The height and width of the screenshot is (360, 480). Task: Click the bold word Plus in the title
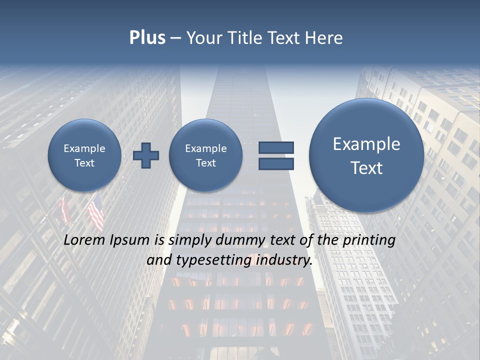(x=147, y=38)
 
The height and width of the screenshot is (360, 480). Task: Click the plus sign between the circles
(x=146, y=155)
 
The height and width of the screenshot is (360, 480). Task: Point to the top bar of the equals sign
(x=276, y=148)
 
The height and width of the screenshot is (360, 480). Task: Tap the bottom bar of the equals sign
(x=276, y=164)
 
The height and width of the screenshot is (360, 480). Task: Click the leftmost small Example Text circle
(x=84, y=155)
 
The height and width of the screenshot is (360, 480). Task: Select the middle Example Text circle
(x=205, y=155)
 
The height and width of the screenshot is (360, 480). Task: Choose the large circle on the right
(x=366, y=155)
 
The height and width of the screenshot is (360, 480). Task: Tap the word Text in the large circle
(x=366, y=168)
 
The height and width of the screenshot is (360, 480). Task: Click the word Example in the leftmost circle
(x=84, y=148)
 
